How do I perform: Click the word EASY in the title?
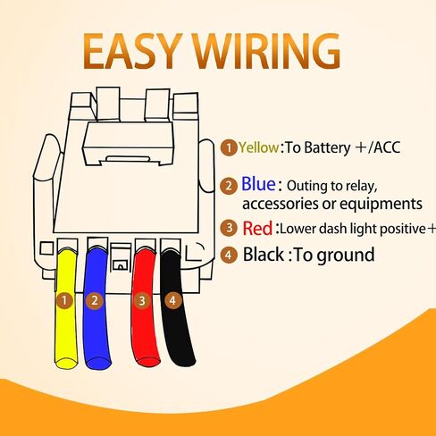pyautogui.click(x=133, y=51)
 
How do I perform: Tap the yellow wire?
pyautogui.click(x=66, y=310)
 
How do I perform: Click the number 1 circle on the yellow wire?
pyautogui.click(x=64, y=300)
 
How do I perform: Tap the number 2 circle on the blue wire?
pyautogui.click(x=95, y=300)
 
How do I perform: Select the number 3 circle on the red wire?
pyautogui.click(x=142, y=300)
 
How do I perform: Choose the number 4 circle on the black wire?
pyautogui.click(x=172, y=300)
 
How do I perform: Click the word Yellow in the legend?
pyautogui.click(x=258, y=147)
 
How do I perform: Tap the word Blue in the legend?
pyautogui.click(x=258, y=184)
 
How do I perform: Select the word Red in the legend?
pyautogui.click(x=257, y=229)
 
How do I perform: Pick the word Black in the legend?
pyautogui.click(x=264, y=255)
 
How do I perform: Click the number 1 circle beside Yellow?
pyautogui.click(x=229, y=147)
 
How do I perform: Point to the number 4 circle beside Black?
pyautogui.click(x=229, y=256)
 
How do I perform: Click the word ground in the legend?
pyautogui.click(x=346, y=256)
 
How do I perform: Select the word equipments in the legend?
pyautogui.click(x=381, y=205)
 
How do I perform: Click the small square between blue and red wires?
pyautogui.click(x=121, y=264)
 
